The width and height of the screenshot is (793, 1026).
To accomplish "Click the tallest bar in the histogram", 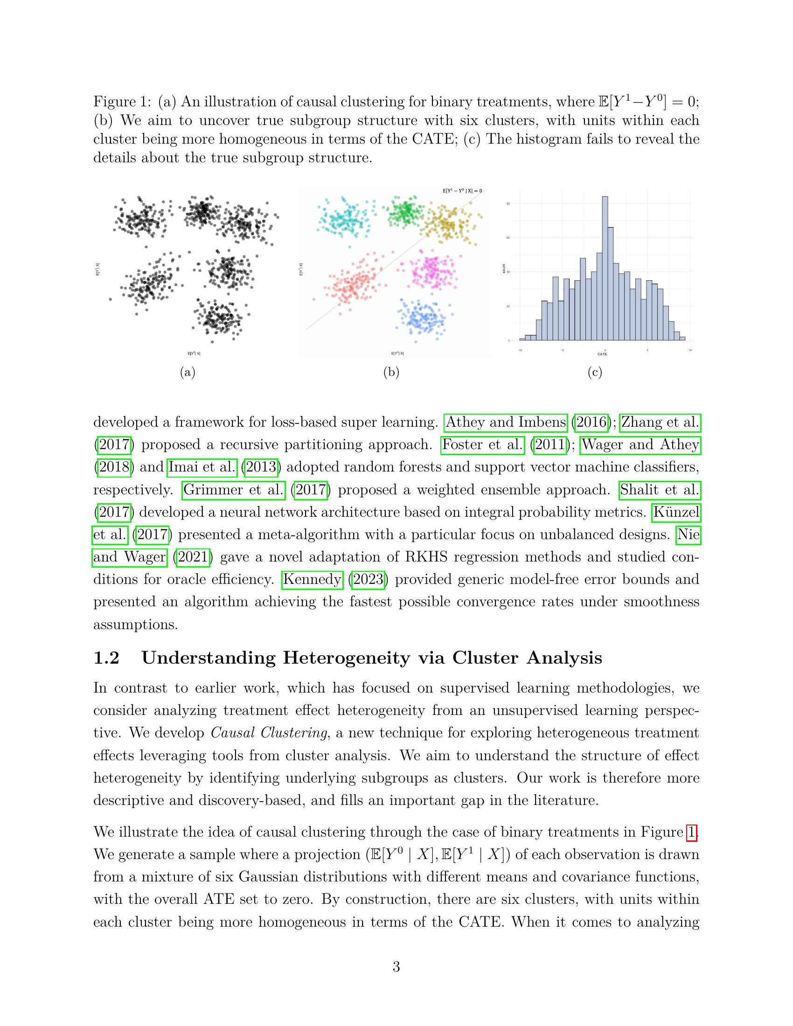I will [605, 268].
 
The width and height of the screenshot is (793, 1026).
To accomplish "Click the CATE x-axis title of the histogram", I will [602, 354].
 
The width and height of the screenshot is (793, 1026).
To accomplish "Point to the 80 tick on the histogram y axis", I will [508, 203].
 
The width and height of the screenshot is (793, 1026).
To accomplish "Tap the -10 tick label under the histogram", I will [520, 350].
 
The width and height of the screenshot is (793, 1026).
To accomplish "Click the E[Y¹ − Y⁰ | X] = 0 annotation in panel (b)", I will [462, 191].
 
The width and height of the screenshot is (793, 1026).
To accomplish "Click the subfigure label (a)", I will [188, 373].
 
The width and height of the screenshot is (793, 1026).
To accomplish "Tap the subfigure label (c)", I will [595, 373].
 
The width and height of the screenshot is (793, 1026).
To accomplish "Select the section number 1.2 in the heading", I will [107, 658].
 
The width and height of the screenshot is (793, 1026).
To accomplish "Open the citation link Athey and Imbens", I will [506, 423].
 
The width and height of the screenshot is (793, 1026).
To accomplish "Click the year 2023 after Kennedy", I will [368, 579].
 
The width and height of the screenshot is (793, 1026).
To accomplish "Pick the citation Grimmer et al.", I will [234, 490].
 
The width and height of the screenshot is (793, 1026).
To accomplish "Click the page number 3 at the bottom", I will [396, 967].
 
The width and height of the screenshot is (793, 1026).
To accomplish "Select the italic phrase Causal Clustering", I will [269, 733].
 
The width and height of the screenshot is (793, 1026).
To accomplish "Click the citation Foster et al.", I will [482, 444].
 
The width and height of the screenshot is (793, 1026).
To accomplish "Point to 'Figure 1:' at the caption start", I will [122, 102].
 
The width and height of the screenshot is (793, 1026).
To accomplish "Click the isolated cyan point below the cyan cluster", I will [349, 247].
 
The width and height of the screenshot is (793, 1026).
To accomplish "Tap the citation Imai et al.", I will [202, 467].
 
